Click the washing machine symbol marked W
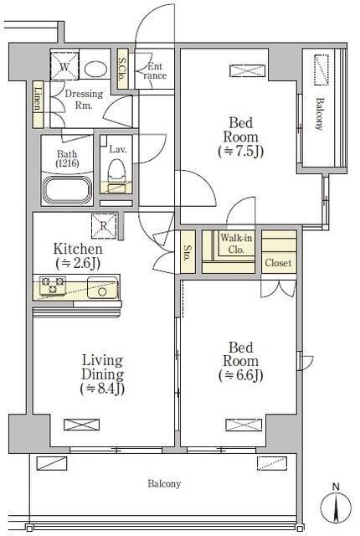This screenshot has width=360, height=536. [x=64, y=66]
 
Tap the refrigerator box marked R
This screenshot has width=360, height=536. [x=104, y=225]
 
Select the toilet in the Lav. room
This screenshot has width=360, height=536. [x=116, y=176]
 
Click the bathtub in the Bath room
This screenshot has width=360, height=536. [x=68, y=190]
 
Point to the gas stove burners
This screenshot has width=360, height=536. [x=53, y=286]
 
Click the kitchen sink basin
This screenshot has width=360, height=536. [x=102, y=287]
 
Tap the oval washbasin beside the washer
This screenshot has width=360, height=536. [x=95, y=70]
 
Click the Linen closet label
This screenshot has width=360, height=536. [x=39, y=99]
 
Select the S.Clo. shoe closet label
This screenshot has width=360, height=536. [x=122, y=69]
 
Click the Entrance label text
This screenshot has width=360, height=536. [x=155, y=71]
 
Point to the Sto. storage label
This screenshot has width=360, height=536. [x=188, y=253]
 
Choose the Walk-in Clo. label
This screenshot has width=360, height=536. [x=236, y=244]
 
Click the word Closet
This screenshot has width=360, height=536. [x=278, y=263]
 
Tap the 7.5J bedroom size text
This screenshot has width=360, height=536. [x=241, y=151]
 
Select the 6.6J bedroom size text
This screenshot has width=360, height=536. [x=241, y=375]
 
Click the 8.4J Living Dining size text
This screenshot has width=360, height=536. [x=102, y=389]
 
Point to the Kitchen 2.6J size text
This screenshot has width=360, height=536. [x=78, y=263]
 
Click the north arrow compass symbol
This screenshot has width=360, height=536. [x=337, y=506]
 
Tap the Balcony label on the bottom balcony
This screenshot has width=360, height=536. [x=164, y=484]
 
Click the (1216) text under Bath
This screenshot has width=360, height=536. [x=67, y=163]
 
